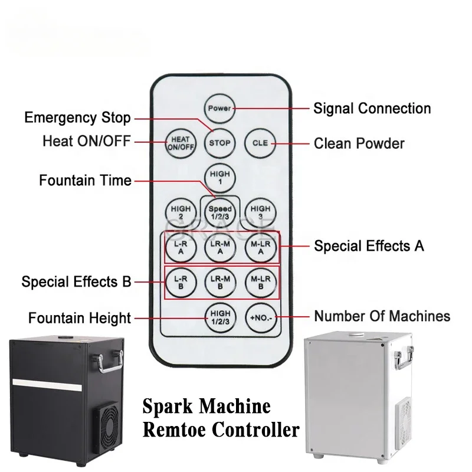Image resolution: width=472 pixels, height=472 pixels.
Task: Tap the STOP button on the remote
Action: (219, 143)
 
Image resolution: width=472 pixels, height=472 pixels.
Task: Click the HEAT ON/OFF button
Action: (181, 143)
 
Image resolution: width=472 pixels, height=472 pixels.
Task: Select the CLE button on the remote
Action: (260, 143)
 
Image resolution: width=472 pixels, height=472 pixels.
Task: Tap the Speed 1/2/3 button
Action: (219, 212)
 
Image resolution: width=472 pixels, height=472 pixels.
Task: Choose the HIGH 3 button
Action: (260, 212)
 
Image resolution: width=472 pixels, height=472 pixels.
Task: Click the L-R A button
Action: (181, 247)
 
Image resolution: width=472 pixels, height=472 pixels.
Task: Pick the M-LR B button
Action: (260, 283)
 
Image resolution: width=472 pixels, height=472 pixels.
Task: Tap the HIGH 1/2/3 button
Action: (220, 317)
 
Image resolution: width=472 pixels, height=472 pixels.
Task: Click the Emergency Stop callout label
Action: (77, 117)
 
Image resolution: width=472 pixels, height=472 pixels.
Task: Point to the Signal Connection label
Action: (372, 109)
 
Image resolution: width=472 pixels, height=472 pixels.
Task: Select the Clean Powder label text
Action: (359, 143)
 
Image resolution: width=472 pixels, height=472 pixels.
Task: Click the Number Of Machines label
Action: (382, 316)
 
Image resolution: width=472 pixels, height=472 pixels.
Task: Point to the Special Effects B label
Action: (76, 282)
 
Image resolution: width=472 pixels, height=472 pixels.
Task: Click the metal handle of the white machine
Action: (404, 358)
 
